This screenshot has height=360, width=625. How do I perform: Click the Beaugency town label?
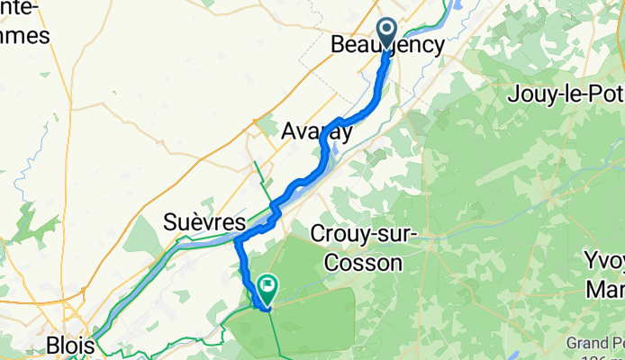point(388,45)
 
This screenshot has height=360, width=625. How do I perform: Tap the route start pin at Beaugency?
point(387,32)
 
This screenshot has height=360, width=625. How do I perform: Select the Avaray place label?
point(316,130)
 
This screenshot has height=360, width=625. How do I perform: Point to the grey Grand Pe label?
point(595,343)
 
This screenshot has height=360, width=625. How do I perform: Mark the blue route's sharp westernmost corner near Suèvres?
point(236,240)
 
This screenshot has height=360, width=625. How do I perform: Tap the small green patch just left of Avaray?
point(267,127)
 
